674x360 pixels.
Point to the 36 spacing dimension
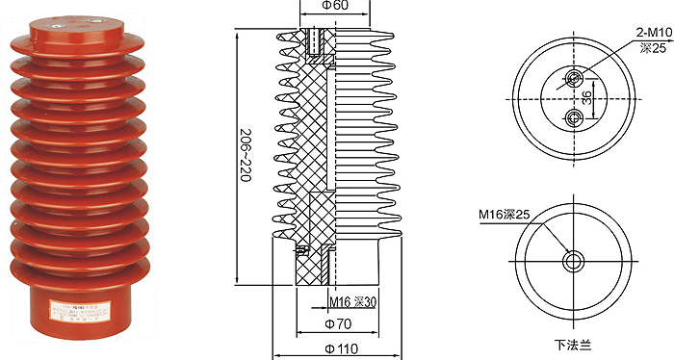[586, 98]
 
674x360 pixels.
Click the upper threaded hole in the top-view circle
[574, 78]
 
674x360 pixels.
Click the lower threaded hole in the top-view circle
[574, 118]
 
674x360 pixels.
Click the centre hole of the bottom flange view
[574, 260]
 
